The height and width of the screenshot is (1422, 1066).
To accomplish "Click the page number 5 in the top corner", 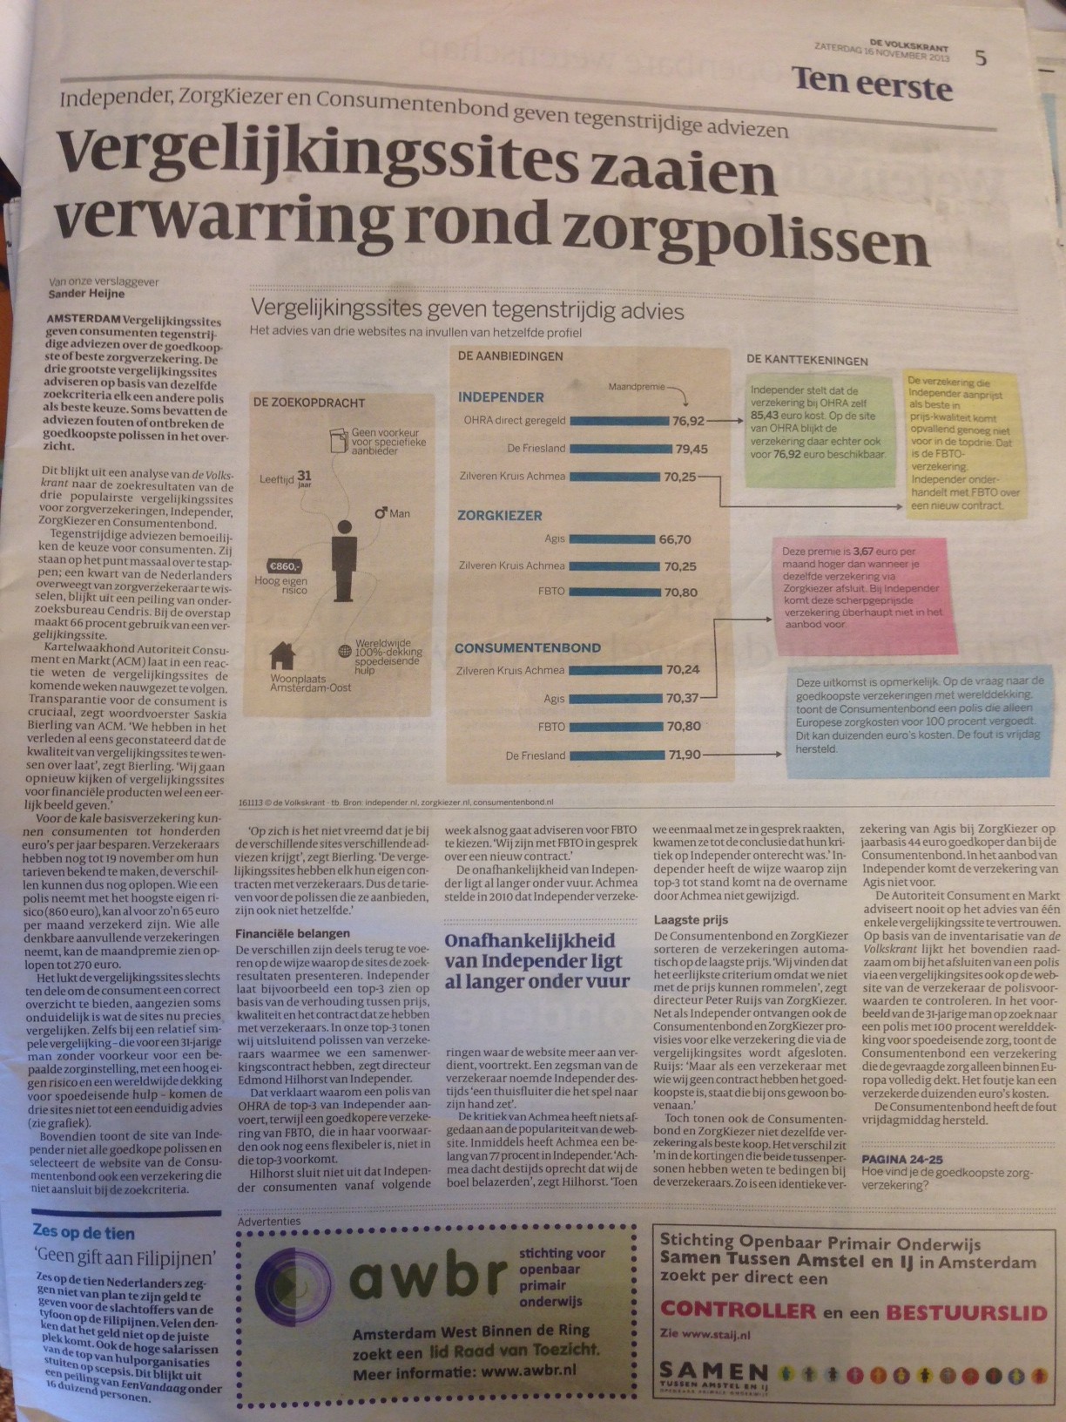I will pyautogui.click(x=982, y=58).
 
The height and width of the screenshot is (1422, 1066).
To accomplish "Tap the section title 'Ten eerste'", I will pyautogui.click(x=872, y=85).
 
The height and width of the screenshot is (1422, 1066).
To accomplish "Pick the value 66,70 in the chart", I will pyautogui.click(x=675, y=539).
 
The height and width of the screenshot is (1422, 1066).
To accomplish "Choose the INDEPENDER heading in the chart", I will pyautogui.click(x=501, y=397).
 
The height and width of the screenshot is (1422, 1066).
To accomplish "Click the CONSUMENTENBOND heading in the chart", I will pyautogui.click(x=527, y=647).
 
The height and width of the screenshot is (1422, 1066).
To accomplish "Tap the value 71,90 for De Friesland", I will pyautogui.click(x=684, y=755).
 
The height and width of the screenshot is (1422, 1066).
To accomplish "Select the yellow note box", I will pyautogui.click(x=961, y=443).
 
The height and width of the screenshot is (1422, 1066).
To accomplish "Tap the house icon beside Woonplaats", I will pyautogui.click(x=281, y=653).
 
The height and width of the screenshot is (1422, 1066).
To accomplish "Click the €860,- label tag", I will pyautogui.click(x=285, y=564).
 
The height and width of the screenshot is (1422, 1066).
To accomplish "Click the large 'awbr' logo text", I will pyautogui.click(x=426, y=1277).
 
